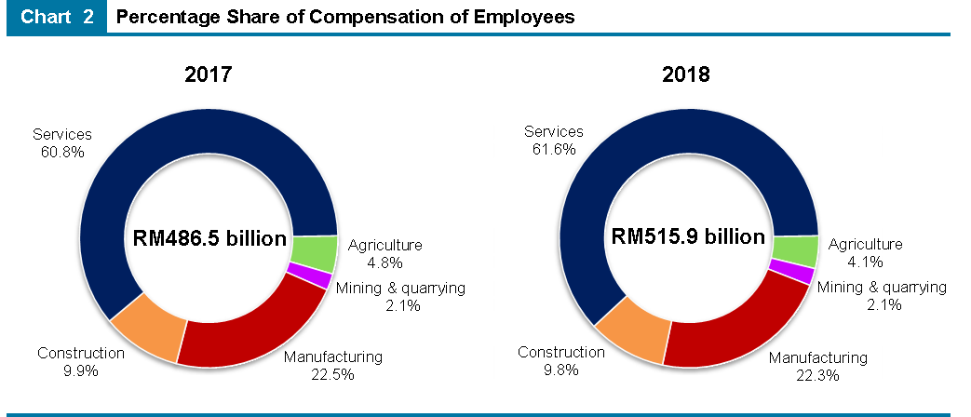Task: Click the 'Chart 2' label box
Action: click(57, 17)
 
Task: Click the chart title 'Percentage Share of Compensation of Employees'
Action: click(345, 17)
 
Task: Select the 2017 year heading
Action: click(208, 75)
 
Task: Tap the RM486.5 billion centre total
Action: click(209, 238)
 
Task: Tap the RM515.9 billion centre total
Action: click(688, 236)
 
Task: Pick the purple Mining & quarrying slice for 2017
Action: click(309, 276)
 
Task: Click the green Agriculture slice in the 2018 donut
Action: click(795, 250)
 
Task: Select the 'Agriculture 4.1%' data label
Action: click(865, 253)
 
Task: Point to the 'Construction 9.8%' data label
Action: click(560, 361)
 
